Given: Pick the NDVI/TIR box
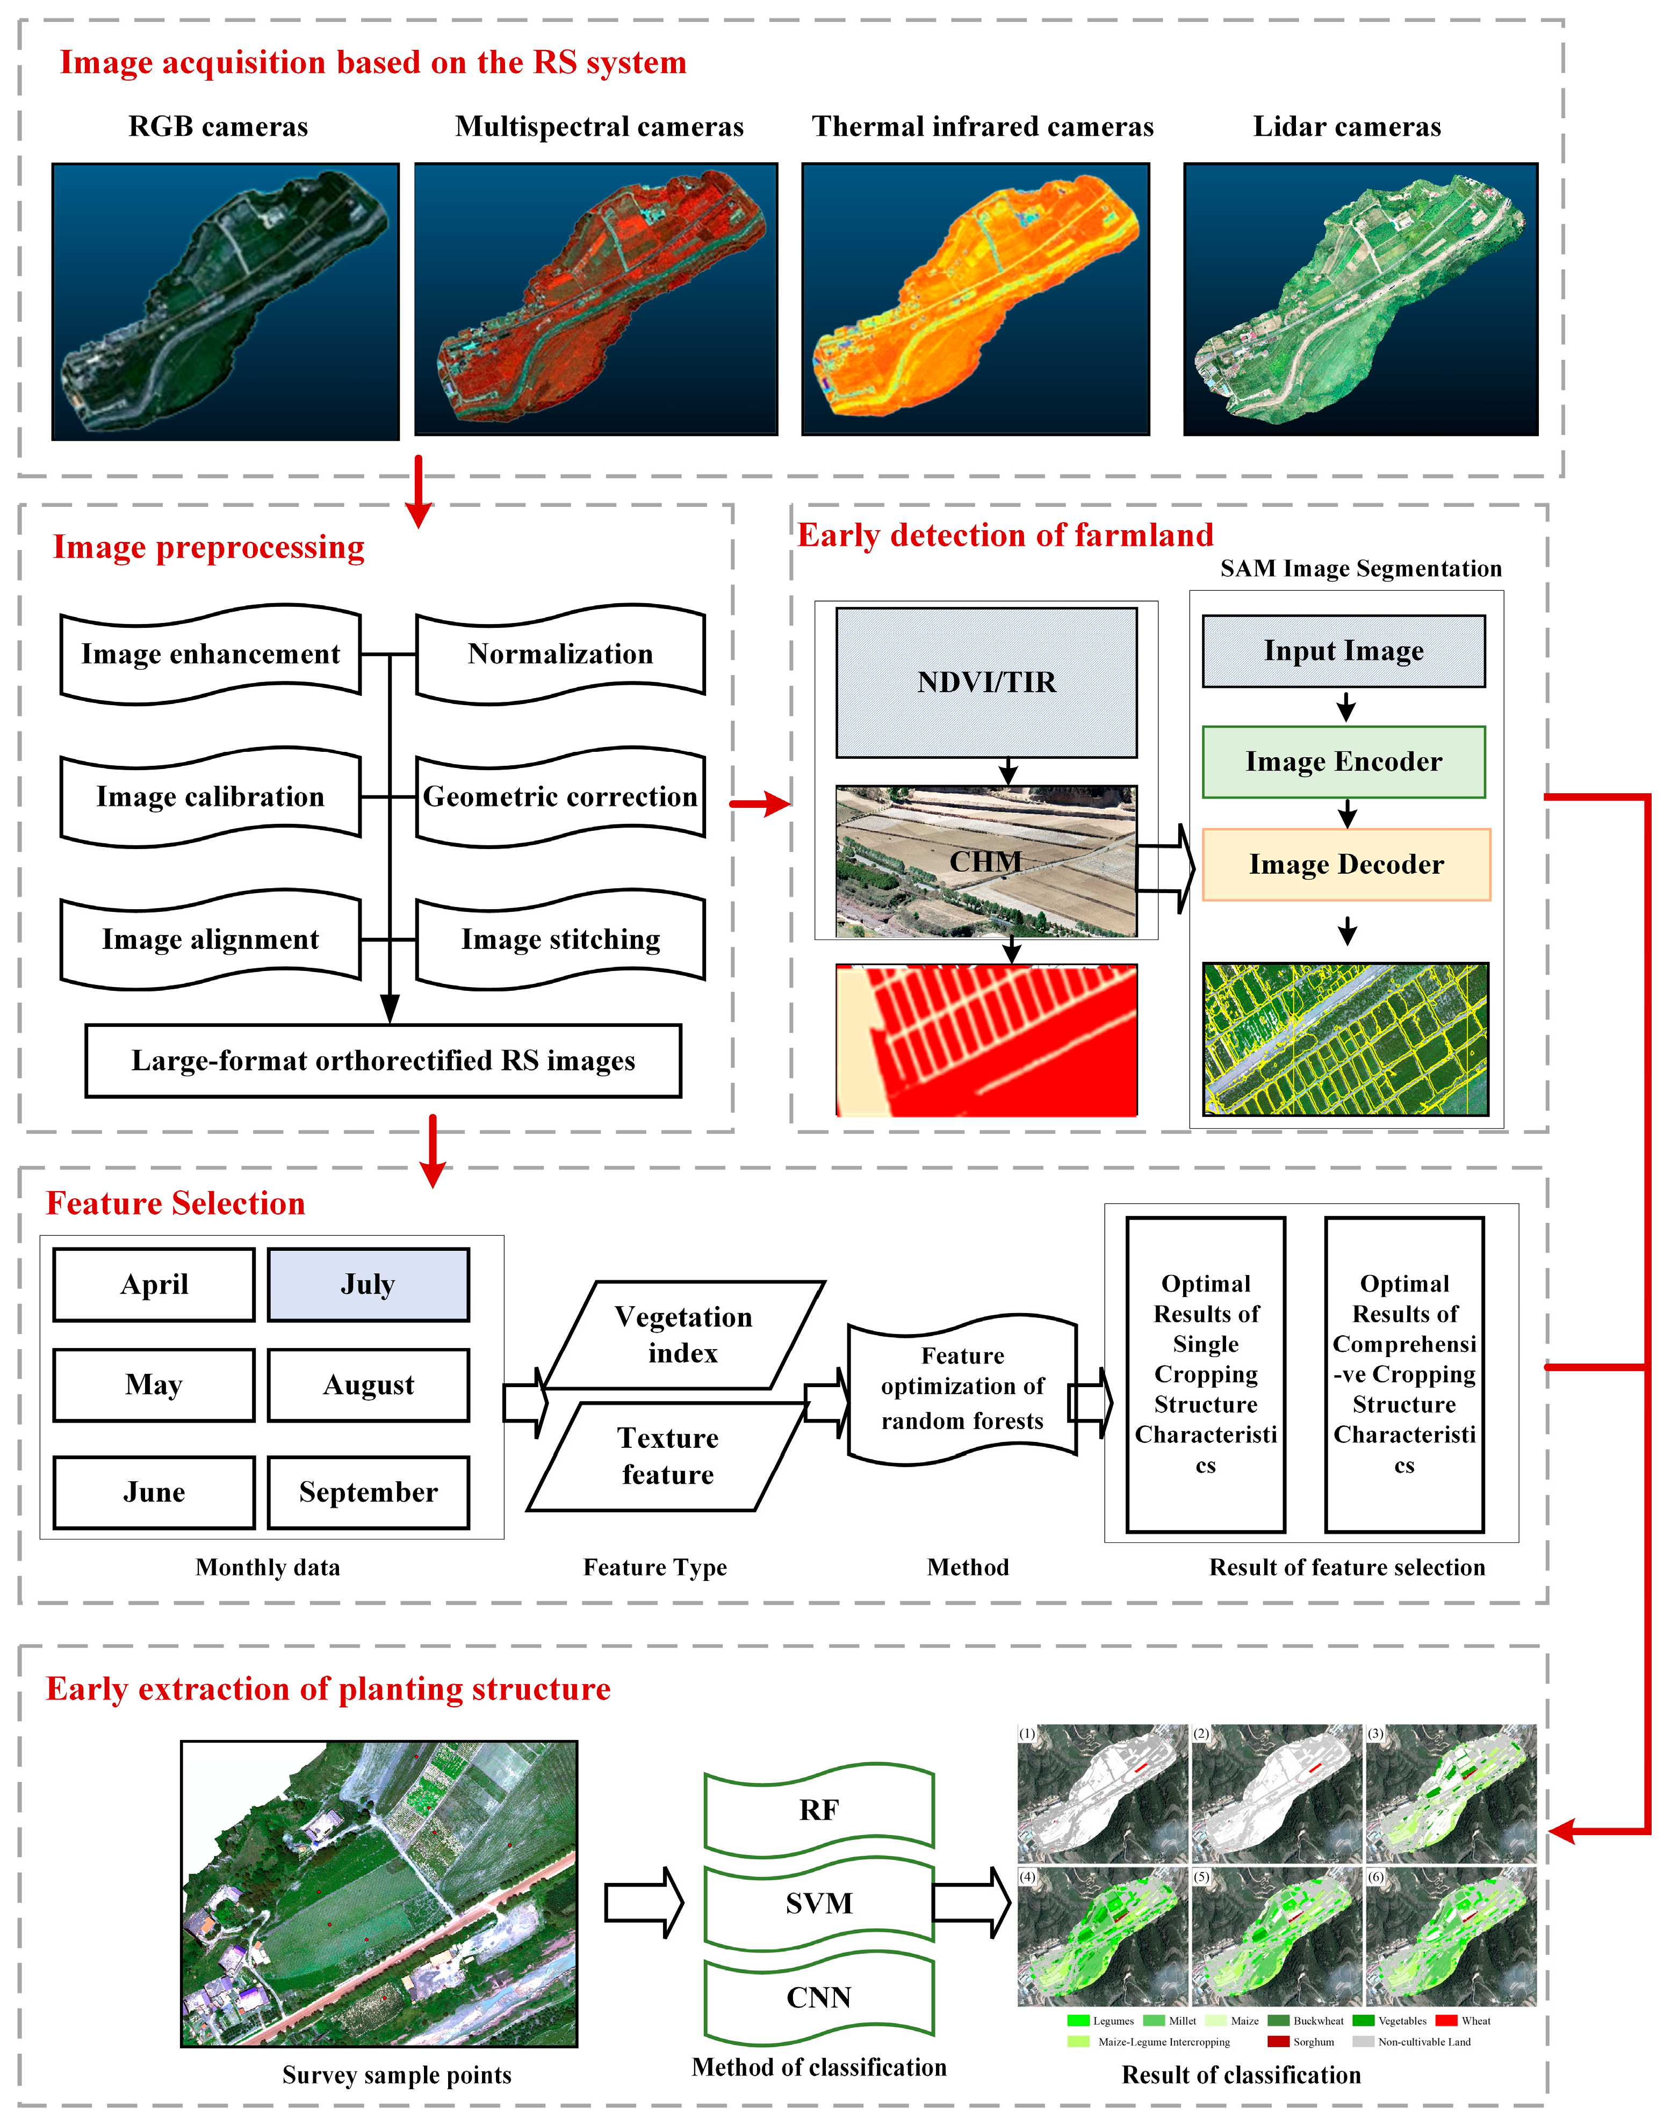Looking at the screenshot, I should pos(986,683).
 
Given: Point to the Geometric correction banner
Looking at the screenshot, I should pos(560,796).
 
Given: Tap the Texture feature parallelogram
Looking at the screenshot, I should pos(668,1456).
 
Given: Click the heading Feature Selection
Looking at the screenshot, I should pos(175,1204).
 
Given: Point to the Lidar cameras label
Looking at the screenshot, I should pos(1346,127).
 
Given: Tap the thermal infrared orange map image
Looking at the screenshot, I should pos(975,299).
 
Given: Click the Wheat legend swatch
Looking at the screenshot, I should pos(1446,2021).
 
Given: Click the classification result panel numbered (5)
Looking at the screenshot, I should pos(1276,1938).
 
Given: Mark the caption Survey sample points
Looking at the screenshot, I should pos(397,2075).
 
